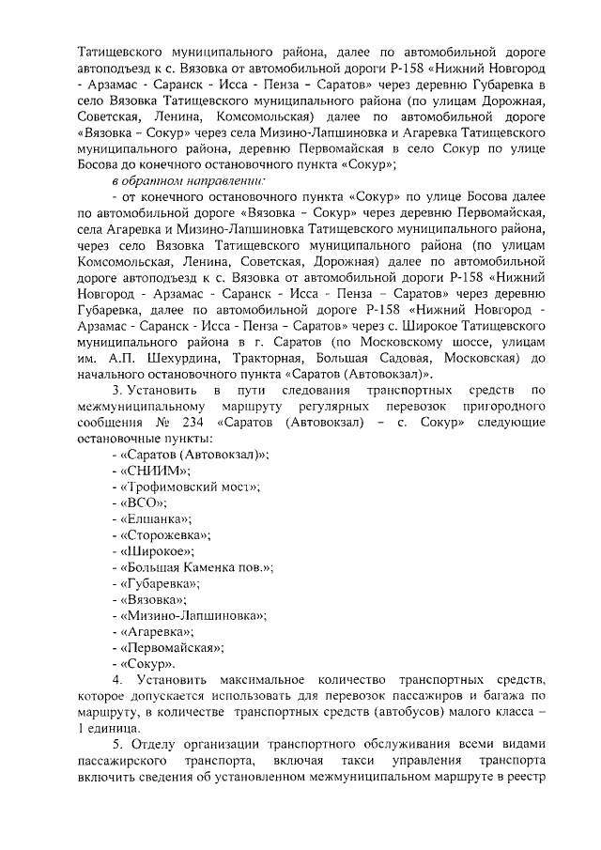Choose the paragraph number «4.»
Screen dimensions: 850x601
(118, 678)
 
